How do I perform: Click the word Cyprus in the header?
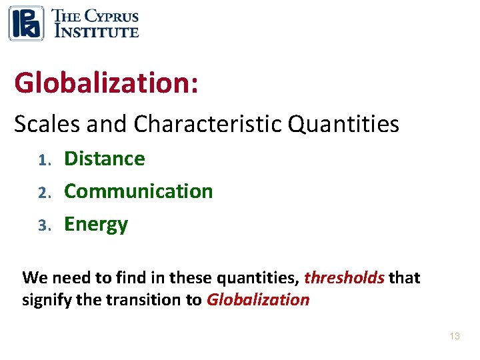(x=109, y=16)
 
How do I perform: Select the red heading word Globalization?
(x=106, y=83)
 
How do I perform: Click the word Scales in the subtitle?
(x=45, y=123)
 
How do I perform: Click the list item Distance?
(x=104, y=159)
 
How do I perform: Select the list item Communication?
(x=138, y=191)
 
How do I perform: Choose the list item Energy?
(x=95, y=225)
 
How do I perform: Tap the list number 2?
(x=43, y=193)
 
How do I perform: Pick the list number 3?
(x=43, y=225)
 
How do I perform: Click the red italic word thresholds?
(x=344, y=277)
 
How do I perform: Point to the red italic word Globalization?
(x=258, y=299)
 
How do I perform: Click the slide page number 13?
(x=455, y=337)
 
